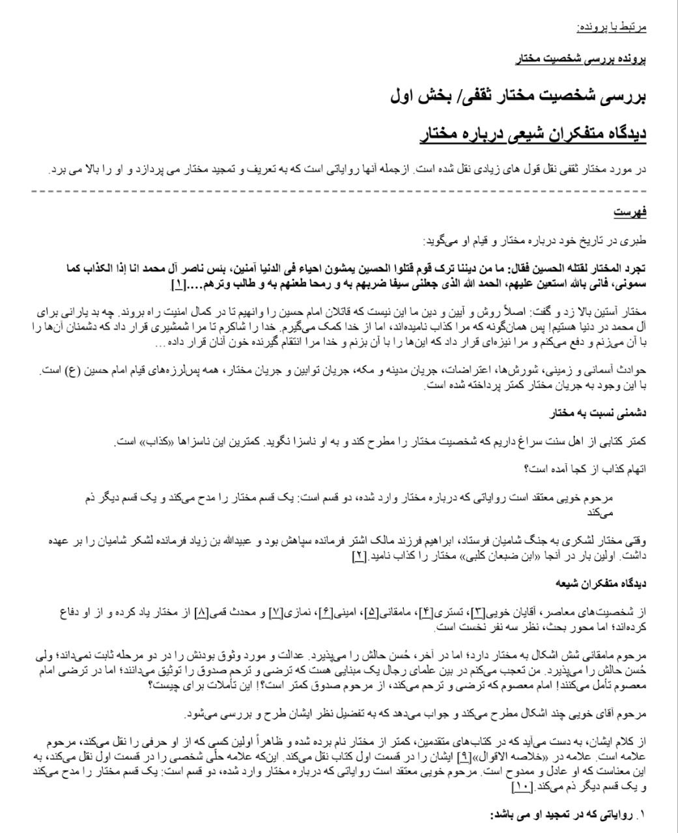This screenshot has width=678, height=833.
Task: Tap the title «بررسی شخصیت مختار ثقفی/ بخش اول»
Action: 518,96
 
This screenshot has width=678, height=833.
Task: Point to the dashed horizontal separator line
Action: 339,191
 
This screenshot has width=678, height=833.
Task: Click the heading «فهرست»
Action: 630,212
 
